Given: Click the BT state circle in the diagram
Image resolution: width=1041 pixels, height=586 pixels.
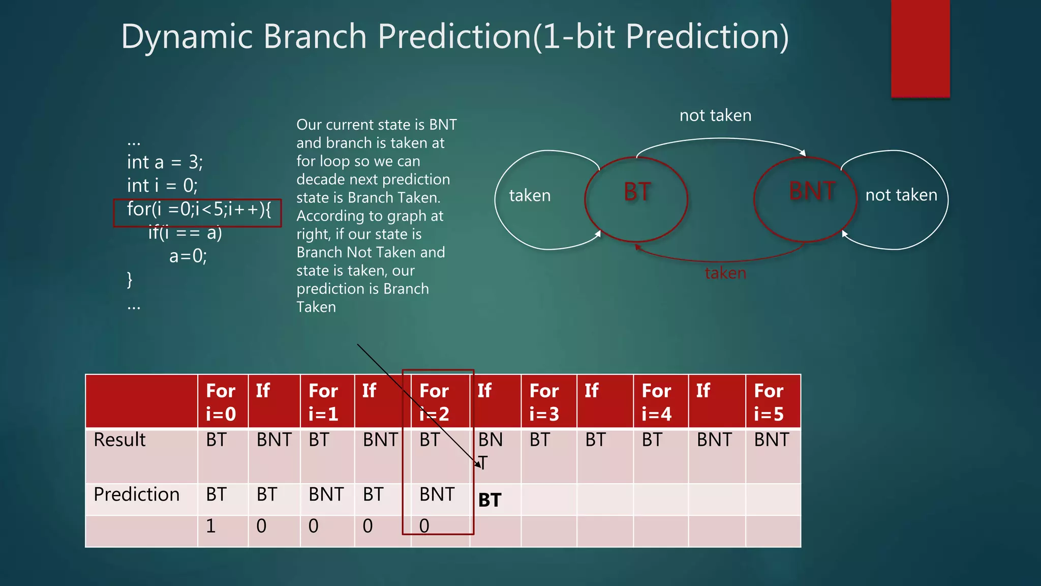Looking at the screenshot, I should (x=636, y=199).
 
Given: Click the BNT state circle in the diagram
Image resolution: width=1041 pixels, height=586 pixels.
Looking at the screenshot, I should (x=805, y=199).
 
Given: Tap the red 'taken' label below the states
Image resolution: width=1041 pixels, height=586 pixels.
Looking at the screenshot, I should (x=725, y=273).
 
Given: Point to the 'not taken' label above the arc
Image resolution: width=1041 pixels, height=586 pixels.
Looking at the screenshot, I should (x=715, y=115).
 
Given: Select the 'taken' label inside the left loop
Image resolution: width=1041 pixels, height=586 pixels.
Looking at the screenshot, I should (x=530, y=195).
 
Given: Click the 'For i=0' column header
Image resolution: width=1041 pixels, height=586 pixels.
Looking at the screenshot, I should (x=221, y=402).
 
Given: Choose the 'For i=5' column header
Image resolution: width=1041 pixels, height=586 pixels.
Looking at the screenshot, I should (x=769, y=402).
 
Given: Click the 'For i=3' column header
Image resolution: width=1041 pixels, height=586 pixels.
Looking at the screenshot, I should (x=544, y=402).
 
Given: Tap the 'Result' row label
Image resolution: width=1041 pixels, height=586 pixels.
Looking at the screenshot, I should (x=119, y=439).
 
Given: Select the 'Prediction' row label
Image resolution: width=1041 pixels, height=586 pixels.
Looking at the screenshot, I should (x=136, y=494).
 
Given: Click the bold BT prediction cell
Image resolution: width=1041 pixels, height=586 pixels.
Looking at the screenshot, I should (x=489, y=500).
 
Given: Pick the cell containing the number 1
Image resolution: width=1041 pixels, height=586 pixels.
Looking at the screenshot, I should (x=211, y=526).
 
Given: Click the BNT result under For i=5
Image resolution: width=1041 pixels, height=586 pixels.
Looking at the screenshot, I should (x=771, y=439).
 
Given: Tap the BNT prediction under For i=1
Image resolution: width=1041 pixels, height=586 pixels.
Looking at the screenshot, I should (x=326, y=494).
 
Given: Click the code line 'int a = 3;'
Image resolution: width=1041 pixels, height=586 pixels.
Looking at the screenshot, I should (x=165, y=162).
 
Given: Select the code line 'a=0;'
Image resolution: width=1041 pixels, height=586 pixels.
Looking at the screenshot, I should (x=188, y=256).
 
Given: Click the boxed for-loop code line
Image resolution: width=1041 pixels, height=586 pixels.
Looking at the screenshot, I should (x=198, y=210).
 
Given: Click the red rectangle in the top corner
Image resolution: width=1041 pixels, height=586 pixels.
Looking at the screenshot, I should (x=920, y=48).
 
